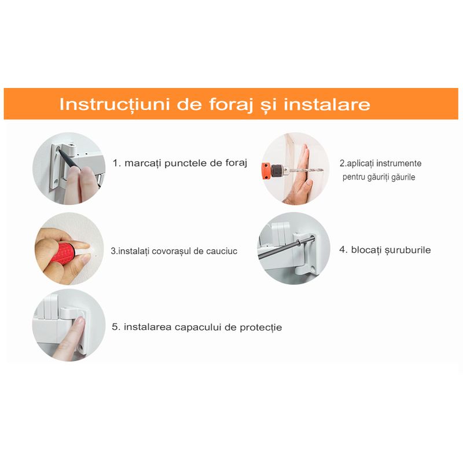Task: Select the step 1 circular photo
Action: tap(68, 168)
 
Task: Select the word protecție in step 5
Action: tap(260, 328)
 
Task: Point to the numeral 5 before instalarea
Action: tap(114, 327)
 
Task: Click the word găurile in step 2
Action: tap(401, 177)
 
